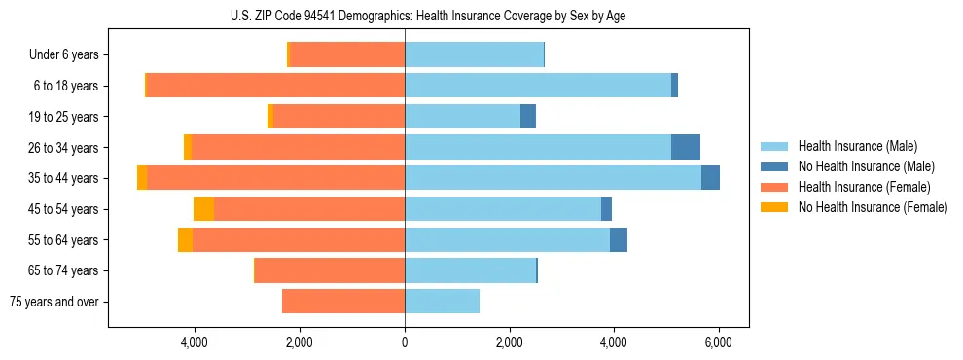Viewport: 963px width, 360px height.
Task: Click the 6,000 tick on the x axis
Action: pyautogui.click(x=718, y=342)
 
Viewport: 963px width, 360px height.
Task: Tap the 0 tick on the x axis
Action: pyautogui.click(x=405, y=342)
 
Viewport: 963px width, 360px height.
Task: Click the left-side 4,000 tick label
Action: pyautogui.click(x=195, y=342)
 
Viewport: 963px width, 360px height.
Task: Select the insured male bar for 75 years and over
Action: pyautogui.click(x=442, y=302)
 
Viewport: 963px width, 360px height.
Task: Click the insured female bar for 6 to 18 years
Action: pyautogui.click(x=275, y=86)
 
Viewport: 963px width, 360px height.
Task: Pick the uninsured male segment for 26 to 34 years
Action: pyautogui.click(x=686, y=147)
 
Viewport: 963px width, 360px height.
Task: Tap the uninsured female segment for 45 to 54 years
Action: pyautogui.click(x=203, y=209)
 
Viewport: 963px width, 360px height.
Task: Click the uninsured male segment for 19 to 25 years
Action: pyautogui.click(x=528, y=117)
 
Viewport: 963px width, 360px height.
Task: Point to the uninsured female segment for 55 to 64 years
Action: pyautogui.click(x=185, y=240)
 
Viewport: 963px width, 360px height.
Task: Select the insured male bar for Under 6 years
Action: pyautogui.click(x=474, y=55)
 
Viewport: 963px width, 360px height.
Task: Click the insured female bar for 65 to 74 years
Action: pyautogui.click(x=330, y=270)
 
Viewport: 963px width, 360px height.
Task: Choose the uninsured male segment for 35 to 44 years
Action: pyautogui.click(x=710, y=178)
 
